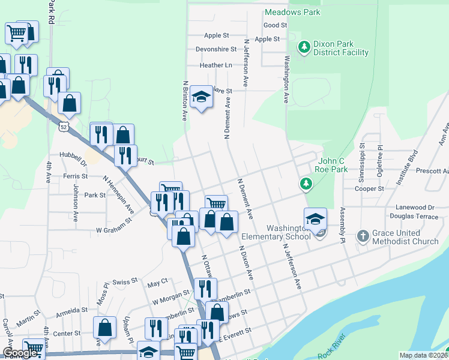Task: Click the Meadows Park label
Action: coord(292,12)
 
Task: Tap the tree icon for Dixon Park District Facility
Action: coord(304,46)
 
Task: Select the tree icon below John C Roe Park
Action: coord(306,183)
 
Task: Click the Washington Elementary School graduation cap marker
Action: coord(315,219)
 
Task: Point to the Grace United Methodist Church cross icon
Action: coord(363,236)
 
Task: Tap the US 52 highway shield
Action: coord(64,127)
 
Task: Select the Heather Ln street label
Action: coord(216,65)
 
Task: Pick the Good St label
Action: coord(276,25)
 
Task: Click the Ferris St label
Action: coord(76,176)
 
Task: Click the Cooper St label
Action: coord(369,188)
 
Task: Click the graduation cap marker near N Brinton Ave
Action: coord(202,97)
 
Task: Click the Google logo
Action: coord(20,353)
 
